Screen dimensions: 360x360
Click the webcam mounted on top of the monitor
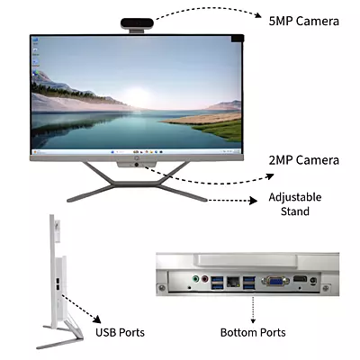(x=137, y=23)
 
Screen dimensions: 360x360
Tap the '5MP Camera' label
(x=304, y=22)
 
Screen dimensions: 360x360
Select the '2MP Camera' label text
(x=304, y=160)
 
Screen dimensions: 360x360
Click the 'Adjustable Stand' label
(x=295, y=204)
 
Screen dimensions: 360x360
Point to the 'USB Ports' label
(x=120, y=332)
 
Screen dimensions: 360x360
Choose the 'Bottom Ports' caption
(x=253, y=332)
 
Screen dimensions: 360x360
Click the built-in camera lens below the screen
(x=137, y=165)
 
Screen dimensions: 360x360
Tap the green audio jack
(x=195, y=279)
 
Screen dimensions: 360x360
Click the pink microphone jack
(x=205, y=279)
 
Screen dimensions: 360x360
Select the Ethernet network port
(x=233, y=282)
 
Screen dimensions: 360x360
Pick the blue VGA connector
(x=275, y=281)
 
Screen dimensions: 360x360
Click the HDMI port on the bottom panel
(x=300, y=279)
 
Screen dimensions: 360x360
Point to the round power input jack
(x=313, y=281)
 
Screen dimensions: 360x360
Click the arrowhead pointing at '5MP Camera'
(x=258, y=15)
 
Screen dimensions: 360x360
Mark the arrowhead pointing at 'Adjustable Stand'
(x=254, y=201)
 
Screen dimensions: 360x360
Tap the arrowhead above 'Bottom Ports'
(x=253, y=320)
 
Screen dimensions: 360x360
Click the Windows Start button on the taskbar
(x=112, y=152)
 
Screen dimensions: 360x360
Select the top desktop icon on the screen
(x=35, y=40)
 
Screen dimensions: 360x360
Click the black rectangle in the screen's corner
(x=238, y=39)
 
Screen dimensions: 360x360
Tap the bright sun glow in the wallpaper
(x=138, y=96)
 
